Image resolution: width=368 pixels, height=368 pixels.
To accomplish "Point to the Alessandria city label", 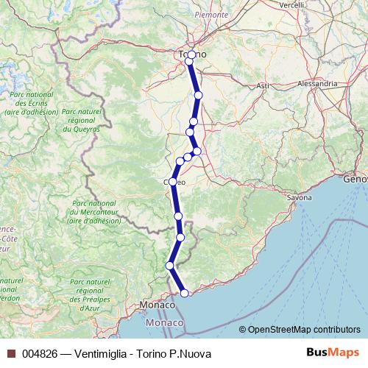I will coord(317,84).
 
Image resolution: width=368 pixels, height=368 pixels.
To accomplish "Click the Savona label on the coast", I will coord(300,198).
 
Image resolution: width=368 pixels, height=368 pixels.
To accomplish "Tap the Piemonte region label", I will coord(211,14).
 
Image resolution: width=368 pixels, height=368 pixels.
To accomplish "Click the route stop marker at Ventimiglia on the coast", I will coord(184,293).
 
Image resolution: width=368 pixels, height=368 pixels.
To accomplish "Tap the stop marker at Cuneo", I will coord(173,181).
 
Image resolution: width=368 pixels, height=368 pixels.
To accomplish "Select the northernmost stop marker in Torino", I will coord(192,54).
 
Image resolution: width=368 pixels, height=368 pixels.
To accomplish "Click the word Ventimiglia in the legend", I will coord(99,353).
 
